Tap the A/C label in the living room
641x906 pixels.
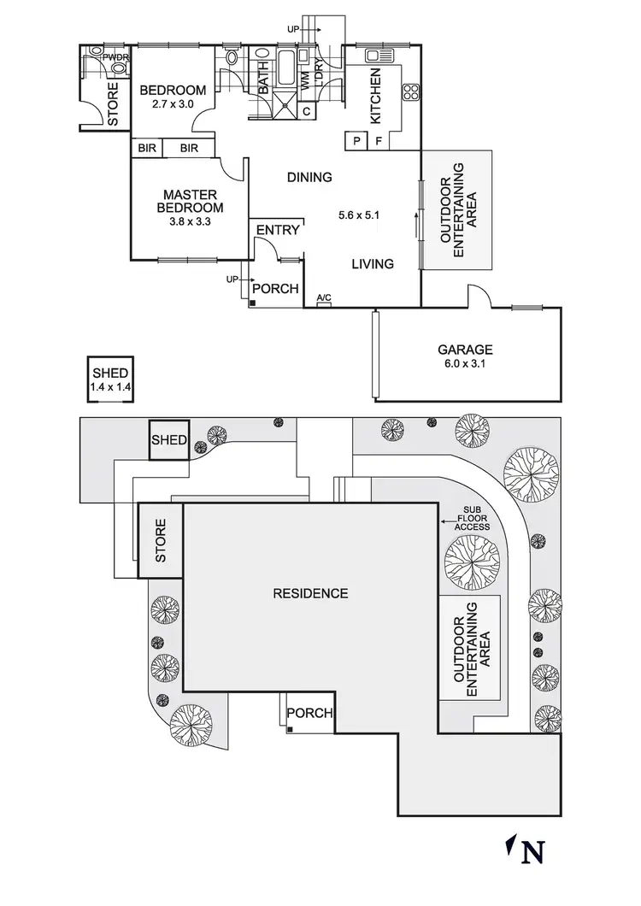(x=324, y=298)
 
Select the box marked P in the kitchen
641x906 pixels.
(x=356, y=140)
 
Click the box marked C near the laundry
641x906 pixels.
(x=307, y=111)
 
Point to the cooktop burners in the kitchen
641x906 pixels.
(x=411, y=91)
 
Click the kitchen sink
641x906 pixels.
(x=379, y=56)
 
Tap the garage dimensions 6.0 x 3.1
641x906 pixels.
(x=465, y=364)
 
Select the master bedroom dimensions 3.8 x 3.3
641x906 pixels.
(x=190, y=221)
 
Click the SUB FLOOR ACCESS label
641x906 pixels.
(x=472, y=519)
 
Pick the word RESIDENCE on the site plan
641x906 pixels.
(x=310, y=593)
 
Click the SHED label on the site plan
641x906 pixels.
(x=168, y=440)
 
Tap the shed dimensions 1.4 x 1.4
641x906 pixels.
(x=110, y=387)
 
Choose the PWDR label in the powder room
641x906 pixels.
(x=115, y=57)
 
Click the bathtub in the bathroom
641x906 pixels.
(x=285, y=68)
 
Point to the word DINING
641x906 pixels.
(x=309, y=178)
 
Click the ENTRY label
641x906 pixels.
(x=278, y=230)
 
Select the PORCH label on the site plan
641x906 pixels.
(x=309, y=713)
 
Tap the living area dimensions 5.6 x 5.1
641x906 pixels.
(x=358, y=215)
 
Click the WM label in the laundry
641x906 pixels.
(x=306, y=82)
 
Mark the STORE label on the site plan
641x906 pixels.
(x=161, y=540)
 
